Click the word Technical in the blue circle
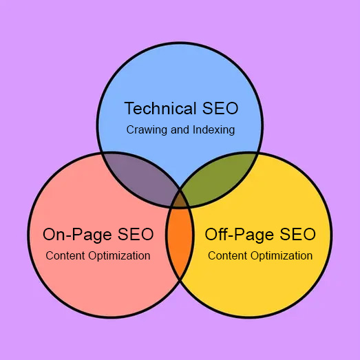(x=160, y=108)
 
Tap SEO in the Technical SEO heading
(x=220, y=108)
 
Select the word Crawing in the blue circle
(x=147, y=130)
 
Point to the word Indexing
(x=214, y=130)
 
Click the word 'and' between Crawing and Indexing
(x=180, y=129)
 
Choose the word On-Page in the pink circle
(x=78, y=235)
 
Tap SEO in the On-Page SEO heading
(x=136, y=234)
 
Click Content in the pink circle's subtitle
(x=65, y=255)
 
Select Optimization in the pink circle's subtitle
(x=119, y=256)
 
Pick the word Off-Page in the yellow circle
(x=239, y=235)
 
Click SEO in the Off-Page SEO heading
(x=297, y=234)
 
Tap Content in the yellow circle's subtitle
(x=228, y=255)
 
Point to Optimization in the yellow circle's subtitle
(x=282, y=256)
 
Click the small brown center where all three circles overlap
(x=180, y=200)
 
